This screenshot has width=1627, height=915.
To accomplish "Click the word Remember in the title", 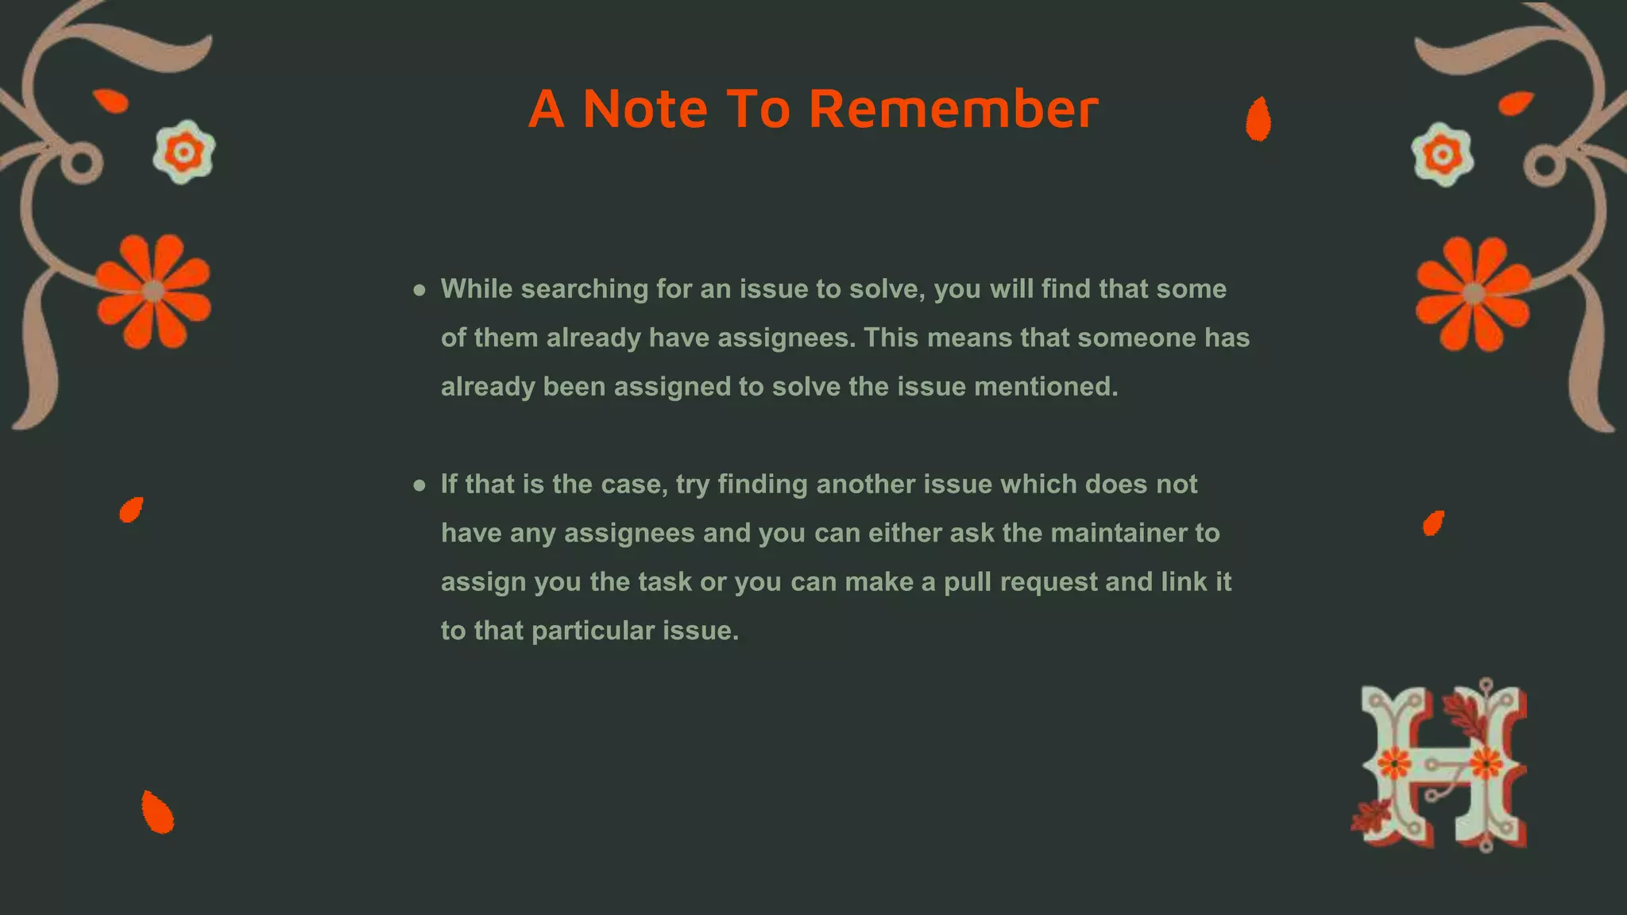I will [x=953, y=109].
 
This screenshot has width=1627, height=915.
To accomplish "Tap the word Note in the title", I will [x=644, y=109].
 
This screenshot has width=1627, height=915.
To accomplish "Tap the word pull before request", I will [x=968, y=582].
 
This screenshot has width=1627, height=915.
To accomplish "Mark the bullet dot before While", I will [x=419, y=290].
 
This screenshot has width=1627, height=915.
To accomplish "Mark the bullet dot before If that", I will [x=419, y=485].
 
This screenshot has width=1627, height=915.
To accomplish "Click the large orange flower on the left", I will [x=153, y=291].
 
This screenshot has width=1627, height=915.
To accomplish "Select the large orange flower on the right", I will [x=1474, y=294].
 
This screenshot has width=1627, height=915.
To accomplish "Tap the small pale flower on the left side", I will [x=184, y=152].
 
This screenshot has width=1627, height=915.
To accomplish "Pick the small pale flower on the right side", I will [x=1443, y=154].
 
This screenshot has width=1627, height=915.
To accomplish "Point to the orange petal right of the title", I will [x=1258, y=119].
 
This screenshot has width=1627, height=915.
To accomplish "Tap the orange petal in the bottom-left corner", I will [x=157, y=812].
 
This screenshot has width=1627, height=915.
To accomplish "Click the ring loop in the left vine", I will [x=82, y=164].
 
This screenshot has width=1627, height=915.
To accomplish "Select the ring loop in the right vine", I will [x=1544, y=166].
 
